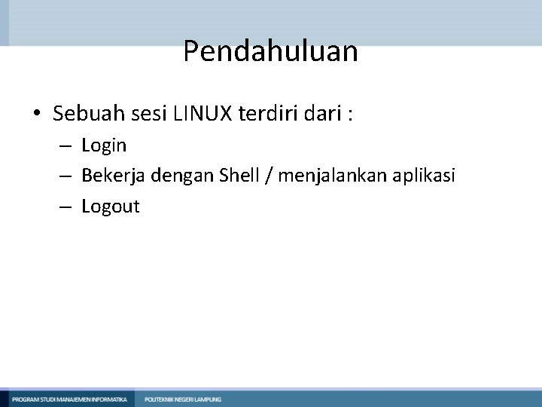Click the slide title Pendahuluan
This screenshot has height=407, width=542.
(270, 52)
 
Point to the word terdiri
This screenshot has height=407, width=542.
(261, 114)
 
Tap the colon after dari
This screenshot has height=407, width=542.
(350, 115)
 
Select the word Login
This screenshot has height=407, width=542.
(104, 145)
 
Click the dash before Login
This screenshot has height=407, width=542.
(66, 145)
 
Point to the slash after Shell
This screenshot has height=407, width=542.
(269, 176)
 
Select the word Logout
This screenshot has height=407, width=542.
(111, 207)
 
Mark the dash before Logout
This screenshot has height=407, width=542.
(66, 207)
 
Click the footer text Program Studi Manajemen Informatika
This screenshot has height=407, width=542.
(69, 399)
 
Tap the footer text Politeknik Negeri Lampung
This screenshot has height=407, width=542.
(183, 399)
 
